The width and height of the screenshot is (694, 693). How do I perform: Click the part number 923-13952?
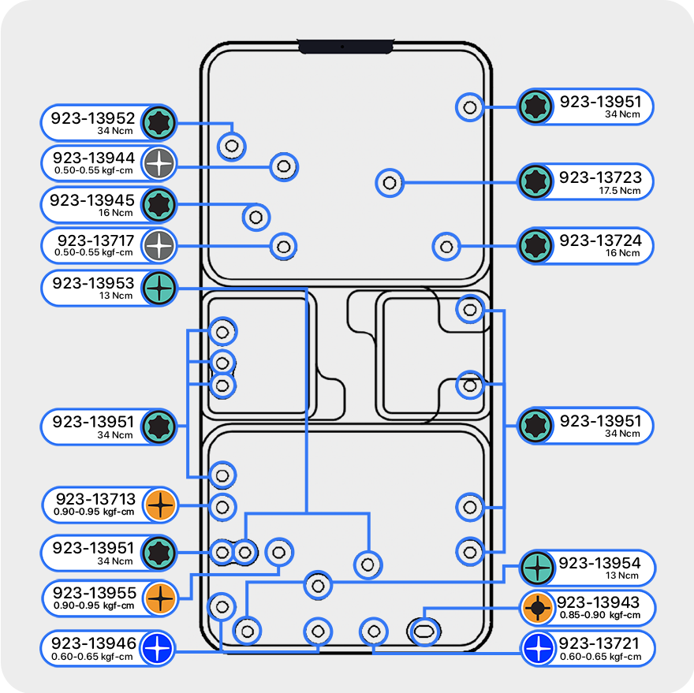tap(93, 117)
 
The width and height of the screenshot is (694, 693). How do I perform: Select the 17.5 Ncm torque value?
tap(619, 191)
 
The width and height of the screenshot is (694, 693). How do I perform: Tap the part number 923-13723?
tap(600, 177)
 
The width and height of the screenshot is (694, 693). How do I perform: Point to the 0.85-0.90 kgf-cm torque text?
tap(599, 615)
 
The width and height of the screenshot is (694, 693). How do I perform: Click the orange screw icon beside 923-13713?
tap(159, 505)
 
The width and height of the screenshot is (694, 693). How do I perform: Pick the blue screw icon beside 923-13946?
tap(158, 649)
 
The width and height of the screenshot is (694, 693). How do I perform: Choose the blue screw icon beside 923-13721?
tap(538, 649)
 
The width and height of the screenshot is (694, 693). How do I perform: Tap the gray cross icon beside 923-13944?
tap(159, 163)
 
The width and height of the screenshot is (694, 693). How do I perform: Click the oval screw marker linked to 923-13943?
tap(424, 631)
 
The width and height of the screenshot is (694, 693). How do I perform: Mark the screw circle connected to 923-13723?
tap(389, 183)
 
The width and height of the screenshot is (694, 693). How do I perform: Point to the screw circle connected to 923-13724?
tap(447, 246)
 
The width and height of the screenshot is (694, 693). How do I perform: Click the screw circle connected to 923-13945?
tap(256, 216)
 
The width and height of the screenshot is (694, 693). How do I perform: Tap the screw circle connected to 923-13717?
tap(284, 246)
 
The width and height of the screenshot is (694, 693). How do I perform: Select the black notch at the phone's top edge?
tap(345, 47)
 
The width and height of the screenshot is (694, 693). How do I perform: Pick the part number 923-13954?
tap(600, 563)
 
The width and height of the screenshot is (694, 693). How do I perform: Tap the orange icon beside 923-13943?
tap(538, 607)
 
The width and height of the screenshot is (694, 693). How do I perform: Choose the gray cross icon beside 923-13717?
tap(159, 245)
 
